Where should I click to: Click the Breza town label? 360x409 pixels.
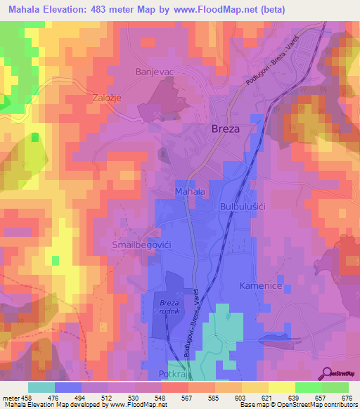[x=226, y=129]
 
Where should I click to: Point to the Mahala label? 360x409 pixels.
[x=189, y=191]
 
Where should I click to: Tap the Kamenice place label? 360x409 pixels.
[x=260, y=287]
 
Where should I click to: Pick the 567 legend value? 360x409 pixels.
[x=187, y=397]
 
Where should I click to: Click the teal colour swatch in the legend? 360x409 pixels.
[x=41, y=387]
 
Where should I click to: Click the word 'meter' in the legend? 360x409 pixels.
[x=10, y=397]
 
